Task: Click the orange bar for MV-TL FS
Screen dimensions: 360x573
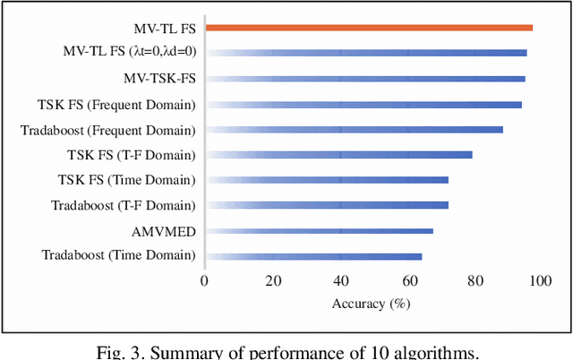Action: pyautogui.click(x=369, y=28)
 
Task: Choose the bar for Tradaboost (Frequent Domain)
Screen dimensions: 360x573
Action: pyautogui.click(x=354, y=130)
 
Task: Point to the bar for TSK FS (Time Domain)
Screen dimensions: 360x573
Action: pyautogui.click(x=327, y=180)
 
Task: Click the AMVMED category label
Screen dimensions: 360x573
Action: pyautogui.click(x=164, y=230)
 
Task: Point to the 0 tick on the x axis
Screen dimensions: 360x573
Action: pyautogui.click(x=205, y=282)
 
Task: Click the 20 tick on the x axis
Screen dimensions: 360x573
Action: pyautogui.click(x=271, y=282)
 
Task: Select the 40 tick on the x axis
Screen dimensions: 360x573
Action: pyautogui.click(x=338, y=282)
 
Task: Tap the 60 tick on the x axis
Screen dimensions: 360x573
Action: pyautogui.click(x=406, y=282)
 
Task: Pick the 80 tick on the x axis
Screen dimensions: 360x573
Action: pyautogui.click(x=473, y=282)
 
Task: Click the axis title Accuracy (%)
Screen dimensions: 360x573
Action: pyautogui.click(x=371, y=304)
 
